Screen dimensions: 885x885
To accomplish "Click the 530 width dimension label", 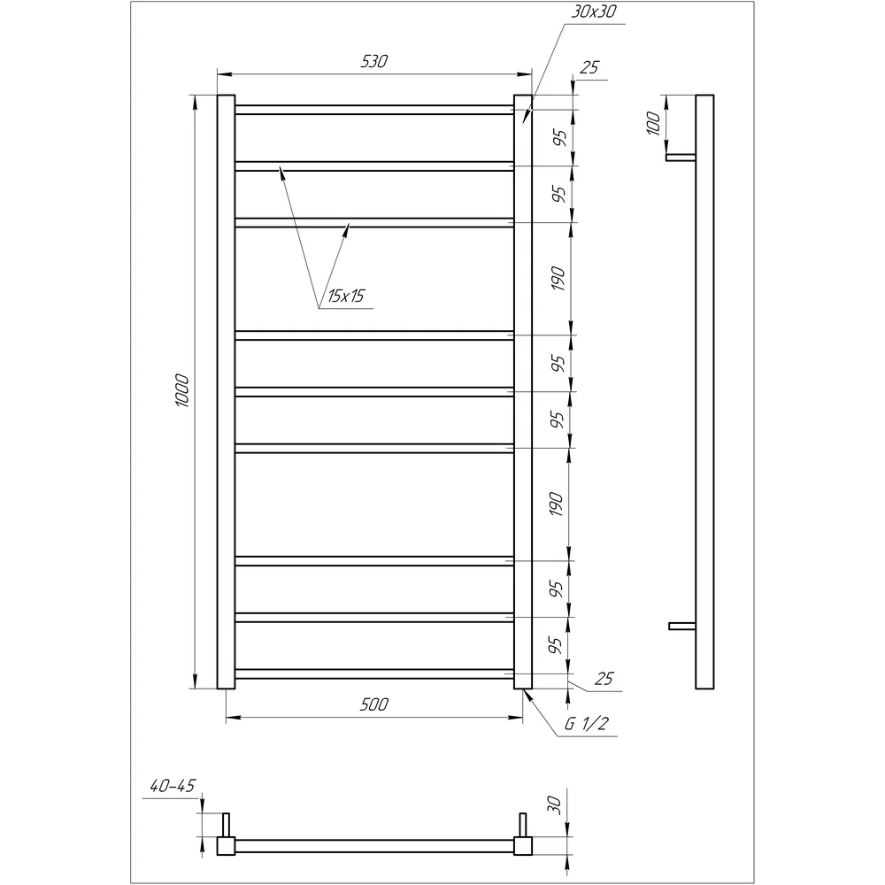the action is click(x=374, y=61).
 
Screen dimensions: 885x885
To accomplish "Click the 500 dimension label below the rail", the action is click(x=374, y=704).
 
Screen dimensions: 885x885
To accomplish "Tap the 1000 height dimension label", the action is click(x=181, y=390).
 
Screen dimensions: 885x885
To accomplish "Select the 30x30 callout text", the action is click(x=594, y=12).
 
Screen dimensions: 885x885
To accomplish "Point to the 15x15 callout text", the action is click(x=346, y=296).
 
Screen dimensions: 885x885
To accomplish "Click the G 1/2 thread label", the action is click(x=587, y=724).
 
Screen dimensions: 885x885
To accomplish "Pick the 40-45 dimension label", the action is click(x=173, y=786).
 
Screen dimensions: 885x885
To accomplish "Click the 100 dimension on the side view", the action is click(x=653, y=123).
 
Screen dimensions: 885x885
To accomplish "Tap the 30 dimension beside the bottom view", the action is click(x=554, y=804).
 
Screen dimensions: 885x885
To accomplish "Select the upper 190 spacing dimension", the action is click(x=558, y=279).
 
